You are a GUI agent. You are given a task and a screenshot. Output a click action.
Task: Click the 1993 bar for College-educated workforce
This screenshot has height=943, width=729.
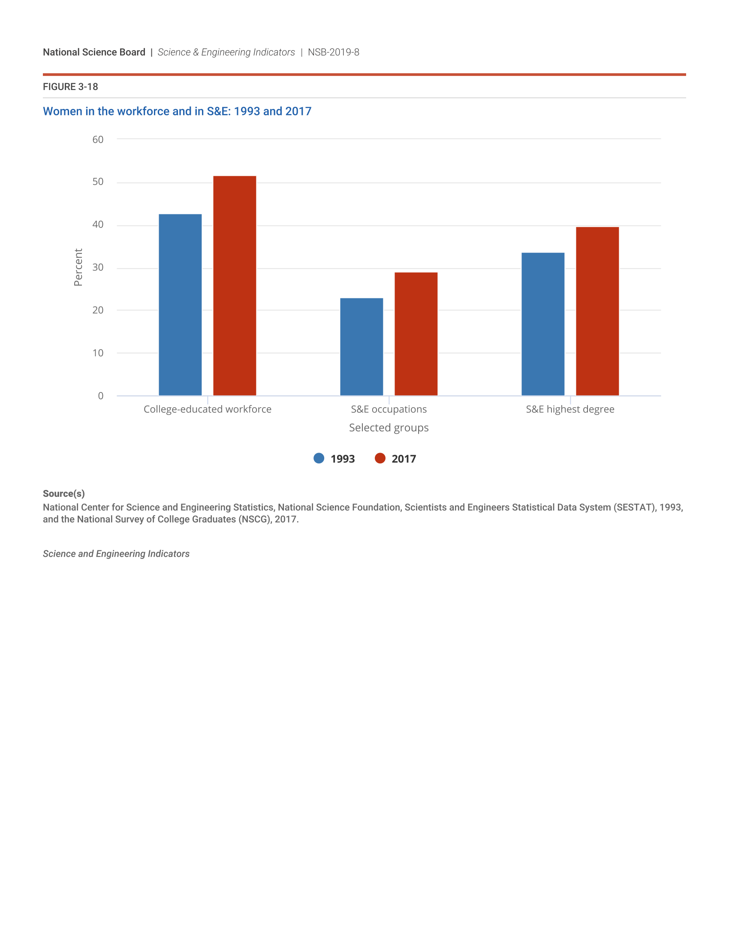point(180,304)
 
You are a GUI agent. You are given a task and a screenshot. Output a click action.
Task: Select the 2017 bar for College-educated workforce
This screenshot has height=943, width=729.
point(235,285)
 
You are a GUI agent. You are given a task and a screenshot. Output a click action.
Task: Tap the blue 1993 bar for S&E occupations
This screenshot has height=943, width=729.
point(361,347)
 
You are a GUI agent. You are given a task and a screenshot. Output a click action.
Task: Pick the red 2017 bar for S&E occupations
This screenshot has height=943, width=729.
point(416,334)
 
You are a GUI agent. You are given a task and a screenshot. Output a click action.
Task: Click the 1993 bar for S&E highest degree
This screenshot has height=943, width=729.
point(543,324)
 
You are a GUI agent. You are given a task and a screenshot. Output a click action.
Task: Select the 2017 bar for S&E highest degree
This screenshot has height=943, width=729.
point(597,311)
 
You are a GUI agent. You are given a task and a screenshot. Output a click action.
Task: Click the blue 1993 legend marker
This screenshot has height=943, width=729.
point(319,458)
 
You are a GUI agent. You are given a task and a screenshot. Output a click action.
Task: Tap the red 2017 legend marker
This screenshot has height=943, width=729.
point(380,458)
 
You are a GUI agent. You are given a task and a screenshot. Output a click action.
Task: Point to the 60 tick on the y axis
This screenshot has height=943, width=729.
point(98,139)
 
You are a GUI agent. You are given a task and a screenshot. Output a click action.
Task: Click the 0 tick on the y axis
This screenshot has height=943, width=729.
point(101,396)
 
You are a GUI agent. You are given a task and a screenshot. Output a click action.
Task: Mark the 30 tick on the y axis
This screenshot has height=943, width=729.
point(98,267)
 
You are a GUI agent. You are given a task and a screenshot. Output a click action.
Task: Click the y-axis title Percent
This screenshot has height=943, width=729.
point(78,267)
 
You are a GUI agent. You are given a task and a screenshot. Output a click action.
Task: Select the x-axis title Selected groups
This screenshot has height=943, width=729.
point(389,427)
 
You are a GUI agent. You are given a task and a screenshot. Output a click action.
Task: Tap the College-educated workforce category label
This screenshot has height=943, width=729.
point(207,409)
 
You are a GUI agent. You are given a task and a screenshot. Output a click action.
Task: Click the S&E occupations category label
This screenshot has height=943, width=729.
point(389,409)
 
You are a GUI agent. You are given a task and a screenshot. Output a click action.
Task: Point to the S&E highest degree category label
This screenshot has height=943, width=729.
point(570,409)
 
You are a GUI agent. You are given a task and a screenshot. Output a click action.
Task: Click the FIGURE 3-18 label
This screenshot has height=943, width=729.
point(70,87)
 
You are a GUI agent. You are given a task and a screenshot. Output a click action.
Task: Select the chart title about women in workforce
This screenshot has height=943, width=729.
point(177,111)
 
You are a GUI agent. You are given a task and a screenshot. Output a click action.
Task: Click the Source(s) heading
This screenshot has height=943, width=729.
point(63,493)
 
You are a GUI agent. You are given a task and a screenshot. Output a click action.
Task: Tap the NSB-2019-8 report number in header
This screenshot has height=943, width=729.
point(333,52)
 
